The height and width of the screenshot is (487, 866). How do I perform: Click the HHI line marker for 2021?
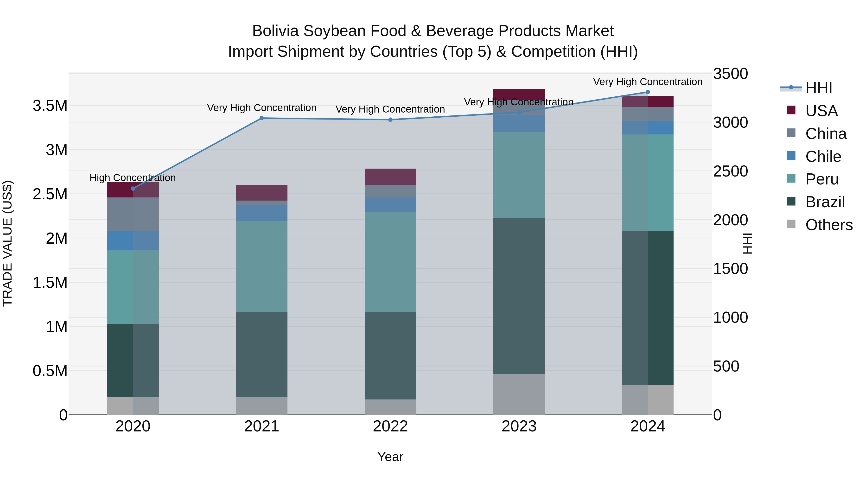(x=261, y=118)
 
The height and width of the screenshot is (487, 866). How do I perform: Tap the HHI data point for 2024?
(x=648, y=92)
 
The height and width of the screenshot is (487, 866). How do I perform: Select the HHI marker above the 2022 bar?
(x=390, y=120)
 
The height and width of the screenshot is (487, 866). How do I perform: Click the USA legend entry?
(x=821, y=111)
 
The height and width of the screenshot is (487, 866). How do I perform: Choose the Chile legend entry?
(x=823, y=157)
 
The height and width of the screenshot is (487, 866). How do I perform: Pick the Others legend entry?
(x=829, y=225)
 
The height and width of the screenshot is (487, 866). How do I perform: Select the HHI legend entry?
(x=819, y=88)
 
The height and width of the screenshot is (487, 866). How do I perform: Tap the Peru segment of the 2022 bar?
(x=390, y=262)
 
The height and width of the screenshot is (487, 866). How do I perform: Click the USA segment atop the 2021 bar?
(x=261, y=193)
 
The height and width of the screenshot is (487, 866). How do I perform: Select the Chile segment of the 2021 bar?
(x=261, y=213)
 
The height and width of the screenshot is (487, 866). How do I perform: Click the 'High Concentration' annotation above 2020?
(x=133, y=178)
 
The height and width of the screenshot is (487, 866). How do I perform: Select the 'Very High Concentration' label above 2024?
(x=648, y=82)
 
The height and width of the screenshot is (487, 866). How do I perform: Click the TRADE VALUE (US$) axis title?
(x=8, y=243)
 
